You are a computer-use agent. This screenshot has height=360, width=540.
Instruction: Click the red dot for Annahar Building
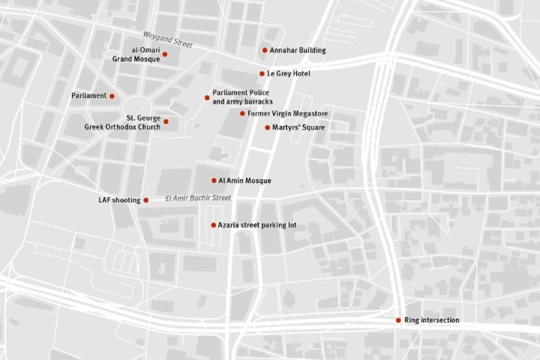click(265, 50)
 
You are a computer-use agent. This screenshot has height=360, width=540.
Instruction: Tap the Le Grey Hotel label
click(289, 74)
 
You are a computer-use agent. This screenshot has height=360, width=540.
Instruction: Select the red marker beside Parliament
click(112, 96)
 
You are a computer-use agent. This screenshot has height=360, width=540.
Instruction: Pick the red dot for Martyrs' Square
click(267, 127)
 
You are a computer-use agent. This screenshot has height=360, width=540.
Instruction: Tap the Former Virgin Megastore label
click(288, 114)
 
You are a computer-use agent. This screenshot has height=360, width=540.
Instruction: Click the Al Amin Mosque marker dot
click(214, 180)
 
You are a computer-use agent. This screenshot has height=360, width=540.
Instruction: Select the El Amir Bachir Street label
click(198, 198)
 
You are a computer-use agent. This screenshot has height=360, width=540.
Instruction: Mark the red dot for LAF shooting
click(146, 200)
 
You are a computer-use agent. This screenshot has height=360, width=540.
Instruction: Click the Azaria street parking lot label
click(257, 225)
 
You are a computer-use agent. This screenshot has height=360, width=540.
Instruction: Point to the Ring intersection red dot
click(398, 320)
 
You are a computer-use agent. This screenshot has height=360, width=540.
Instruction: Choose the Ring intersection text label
click(432, 320)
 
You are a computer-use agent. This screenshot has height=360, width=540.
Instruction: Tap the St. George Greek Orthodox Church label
click(123, 123)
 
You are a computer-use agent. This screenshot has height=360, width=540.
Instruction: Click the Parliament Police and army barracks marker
click(207, 98)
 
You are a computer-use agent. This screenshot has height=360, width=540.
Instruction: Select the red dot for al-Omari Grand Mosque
click(165, 54)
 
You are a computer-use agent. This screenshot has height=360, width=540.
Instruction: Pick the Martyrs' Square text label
click(299, 127)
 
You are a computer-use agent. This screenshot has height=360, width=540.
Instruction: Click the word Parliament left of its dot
click(89, 96)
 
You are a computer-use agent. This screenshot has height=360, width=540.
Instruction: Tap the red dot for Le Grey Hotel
click(262, 74)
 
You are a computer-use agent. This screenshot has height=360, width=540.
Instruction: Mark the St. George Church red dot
click(166, 122)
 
